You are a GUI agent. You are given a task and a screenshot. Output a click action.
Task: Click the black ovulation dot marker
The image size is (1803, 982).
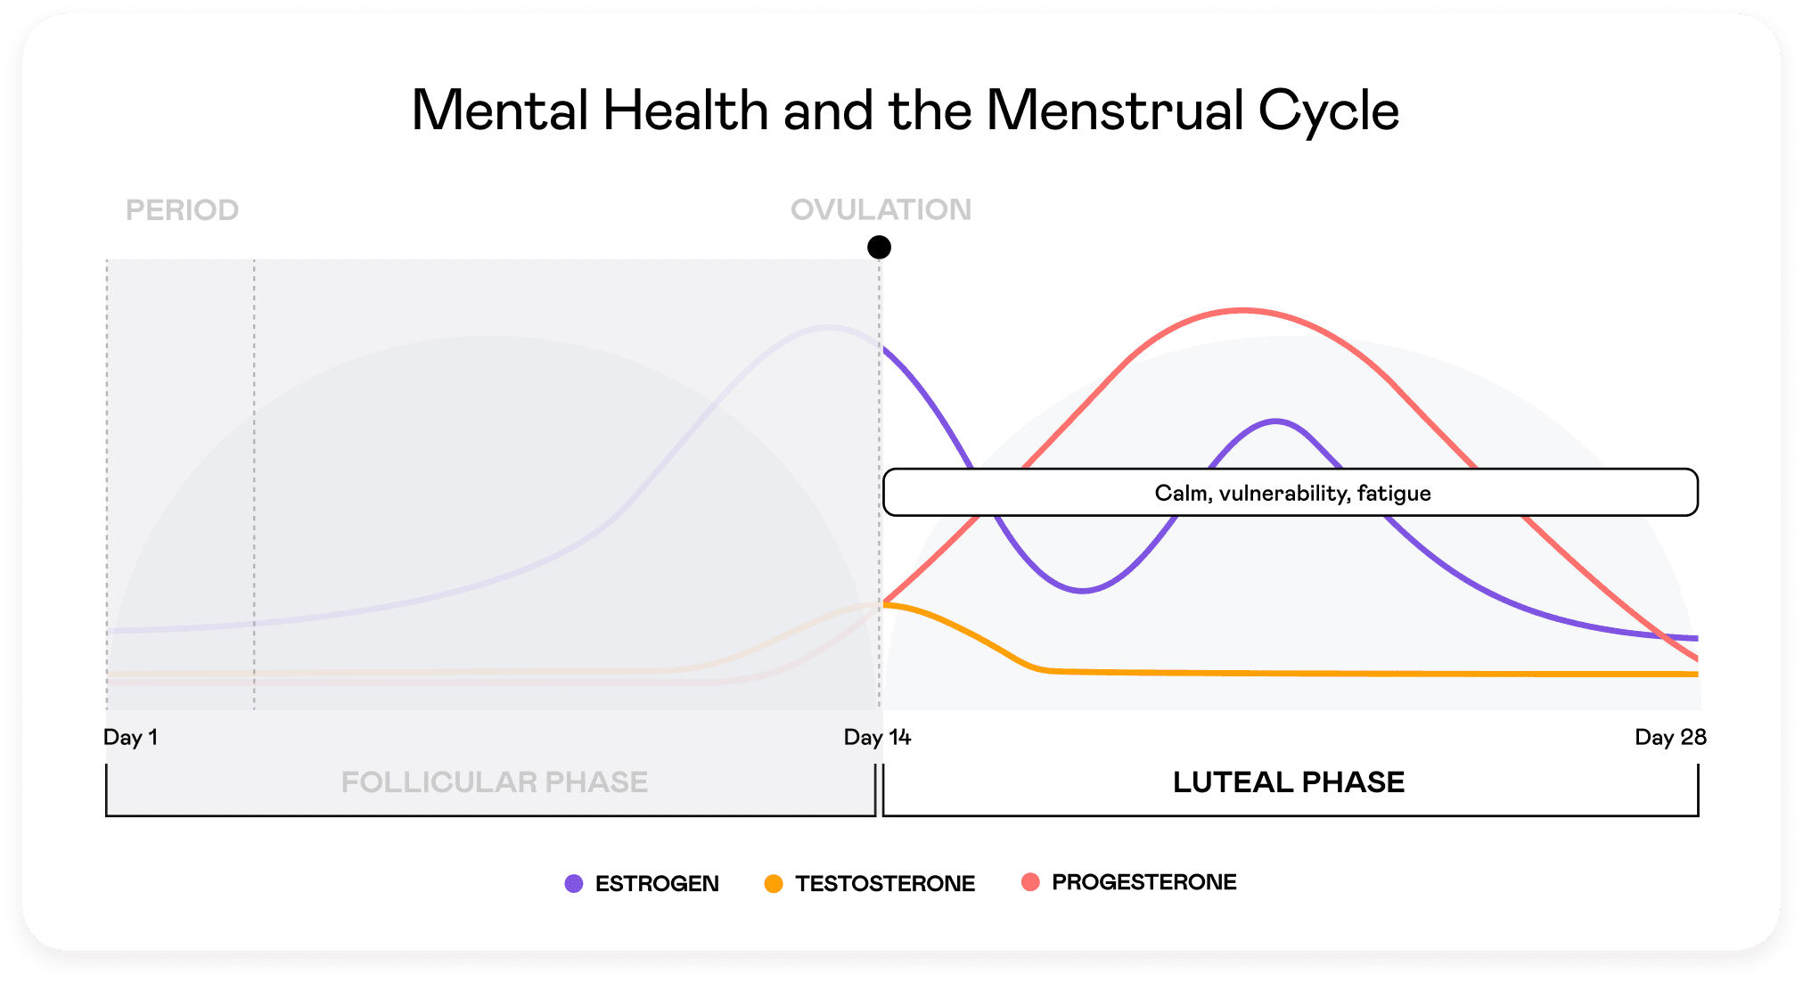879,247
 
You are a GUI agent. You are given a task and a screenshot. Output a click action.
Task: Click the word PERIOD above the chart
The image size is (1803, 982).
182,210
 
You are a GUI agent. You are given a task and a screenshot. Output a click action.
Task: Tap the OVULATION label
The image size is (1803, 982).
881,209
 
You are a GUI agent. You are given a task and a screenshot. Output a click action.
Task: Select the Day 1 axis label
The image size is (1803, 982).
130,737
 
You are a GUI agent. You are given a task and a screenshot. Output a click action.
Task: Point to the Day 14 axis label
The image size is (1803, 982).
877,737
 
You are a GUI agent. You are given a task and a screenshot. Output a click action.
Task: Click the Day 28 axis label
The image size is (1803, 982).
1669,737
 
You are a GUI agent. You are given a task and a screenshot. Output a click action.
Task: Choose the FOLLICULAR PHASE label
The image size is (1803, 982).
494,782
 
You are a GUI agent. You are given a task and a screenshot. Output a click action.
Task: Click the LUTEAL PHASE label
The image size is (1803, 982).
1288,782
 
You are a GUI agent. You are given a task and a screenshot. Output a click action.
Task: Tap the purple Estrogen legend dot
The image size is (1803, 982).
574,883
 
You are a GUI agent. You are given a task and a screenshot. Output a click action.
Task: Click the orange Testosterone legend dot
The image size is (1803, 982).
774,883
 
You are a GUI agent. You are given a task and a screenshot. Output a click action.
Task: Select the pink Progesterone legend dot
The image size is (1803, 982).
1030,882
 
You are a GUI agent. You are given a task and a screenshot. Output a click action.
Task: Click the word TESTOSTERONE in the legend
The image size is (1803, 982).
885,883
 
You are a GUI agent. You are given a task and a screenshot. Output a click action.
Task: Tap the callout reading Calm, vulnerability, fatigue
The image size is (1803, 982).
1291,493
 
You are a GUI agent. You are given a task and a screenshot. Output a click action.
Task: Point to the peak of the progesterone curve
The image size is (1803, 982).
1242,310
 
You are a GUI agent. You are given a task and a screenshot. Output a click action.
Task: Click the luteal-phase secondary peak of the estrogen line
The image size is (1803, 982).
1276,421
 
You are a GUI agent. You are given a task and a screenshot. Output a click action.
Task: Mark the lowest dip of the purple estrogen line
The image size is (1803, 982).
1082,590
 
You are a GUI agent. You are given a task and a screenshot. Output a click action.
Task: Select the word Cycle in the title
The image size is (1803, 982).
1328,110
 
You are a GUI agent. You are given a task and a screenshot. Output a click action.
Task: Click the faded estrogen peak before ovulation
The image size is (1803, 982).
827,328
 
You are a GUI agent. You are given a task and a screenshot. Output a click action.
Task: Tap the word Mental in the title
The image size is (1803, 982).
500,110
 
